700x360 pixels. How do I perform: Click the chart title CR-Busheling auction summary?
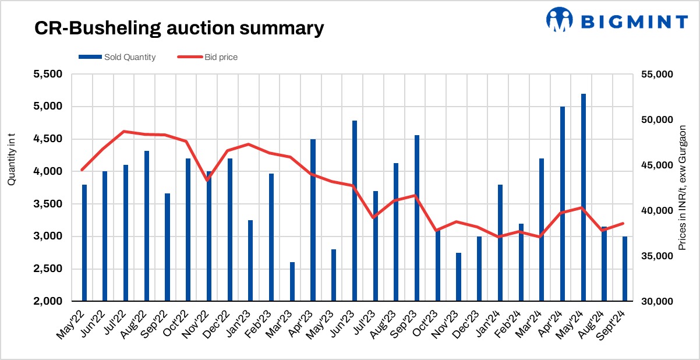pos(178,27)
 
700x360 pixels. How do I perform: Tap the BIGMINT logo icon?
pos(560,20)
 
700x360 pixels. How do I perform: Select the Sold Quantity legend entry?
pos(117,57)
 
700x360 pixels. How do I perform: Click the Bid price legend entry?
pos(210,57)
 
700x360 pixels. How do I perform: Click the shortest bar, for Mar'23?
pos(292,281)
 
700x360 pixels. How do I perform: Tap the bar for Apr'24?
pos(563,203)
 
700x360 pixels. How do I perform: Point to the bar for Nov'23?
pos(458,277)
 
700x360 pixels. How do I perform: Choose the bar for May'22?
pos(84,242)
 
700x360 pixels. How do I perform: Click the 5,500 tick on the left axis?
pos(50,75)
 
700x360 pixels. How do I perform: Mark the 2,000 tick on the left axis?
pos(50,301)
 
